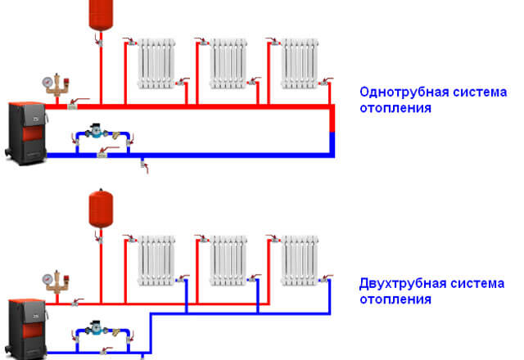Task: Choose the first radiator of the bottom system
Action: pos(156,260)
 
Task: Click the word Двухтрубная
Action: pos(396,284)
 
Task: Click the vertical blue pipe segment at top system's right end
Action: pos(332,142)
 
